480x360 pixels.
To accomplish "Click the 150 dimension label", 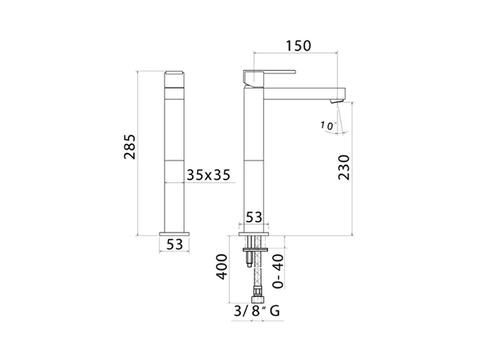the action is click(298, 46).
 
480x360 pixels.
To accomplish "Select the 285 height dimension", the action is click(130, 146).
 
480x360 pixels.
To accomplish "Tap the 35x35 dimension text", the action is click(208, 175).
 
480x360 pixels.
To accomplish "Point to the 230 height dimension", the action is click(344, 167).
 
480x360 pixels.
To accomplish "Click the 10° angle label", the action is click(328, 125).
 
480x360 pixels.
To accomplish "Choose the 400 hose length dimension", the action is click(222, 266).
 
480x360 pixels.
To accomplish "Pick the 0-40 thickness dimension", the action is click(278, 271).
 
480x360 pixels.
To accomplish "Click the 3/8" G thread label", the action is click(257, 311).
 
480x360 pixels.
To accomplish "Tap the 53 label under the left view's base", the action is click(175, 244).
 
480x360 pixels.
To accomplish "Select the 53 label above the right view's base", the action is click(254, 217).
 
